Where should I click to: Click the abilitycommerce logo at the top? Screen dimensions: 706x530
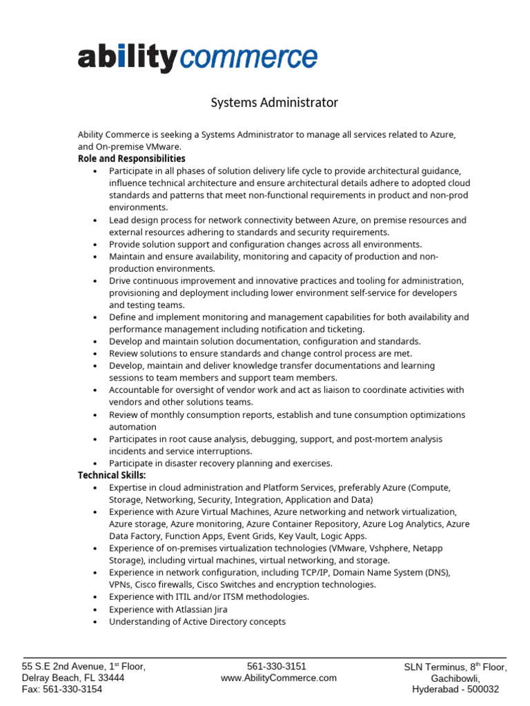197,59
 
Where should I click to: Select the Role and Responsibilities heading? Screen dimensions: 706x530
131,159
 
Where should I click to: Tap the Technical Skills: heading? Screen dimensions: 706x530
112,476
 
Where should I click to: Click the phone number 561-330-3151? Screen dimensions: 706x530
276,666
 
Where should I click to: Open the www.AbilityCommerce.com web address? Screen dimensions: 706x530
279,678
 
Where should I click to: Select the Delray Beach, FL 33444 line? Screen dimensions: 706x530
73,678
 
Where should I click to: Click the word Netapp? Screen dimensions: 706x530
428,548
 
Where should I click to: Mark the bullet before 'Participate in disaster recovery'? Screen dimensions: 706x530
95,464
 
